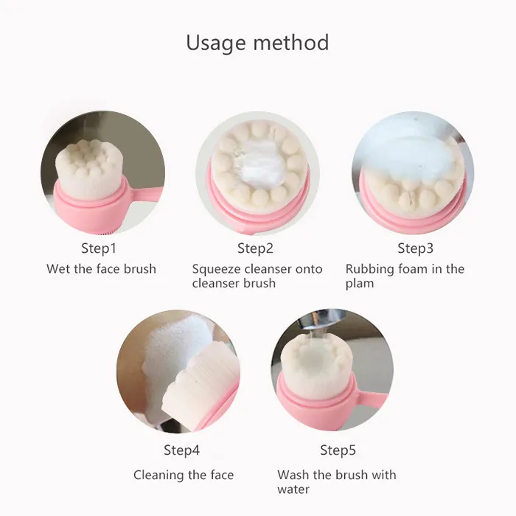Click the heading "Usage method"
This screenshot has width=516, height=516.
(x=257, y=43)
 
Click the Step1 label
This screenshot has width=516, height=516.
(x=99, y=248)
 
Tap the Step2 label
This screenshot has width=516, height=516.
(x=255, y=248)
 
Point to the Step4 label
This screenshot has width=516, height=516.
(x=181, y=450)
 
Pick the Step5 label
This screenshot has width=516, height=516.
(x=338, y=450)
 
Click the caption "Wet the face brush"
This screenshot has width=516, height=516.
(x=101, y=269)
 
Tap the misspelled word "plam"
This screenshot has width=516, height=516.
(x=360, y=284)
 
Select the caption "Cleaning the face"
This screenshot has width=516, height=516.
(x=184, y=475)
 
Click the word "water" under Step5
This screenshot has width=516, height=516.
(x=293, y=489)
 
